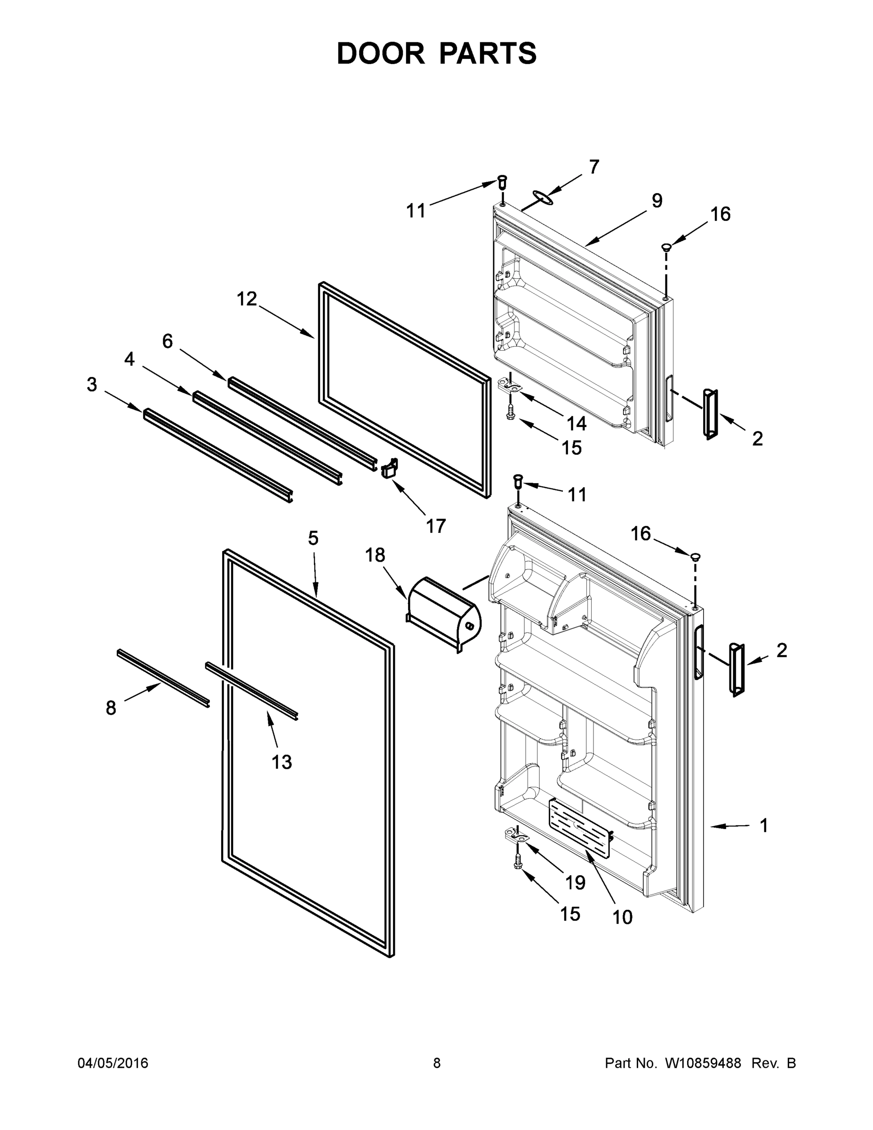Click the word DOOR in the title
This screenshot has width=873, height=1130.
tap(380, 53)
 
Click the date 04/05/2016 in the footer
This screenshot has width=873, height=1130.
tap(113, 1063)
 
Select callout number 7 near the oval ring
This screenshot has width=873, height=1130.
tap(594, 167)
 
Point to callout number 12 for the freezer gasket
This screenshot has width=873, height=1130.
tap(247, 299)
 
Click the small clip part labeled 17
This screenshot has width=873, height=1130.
tap(389, 468)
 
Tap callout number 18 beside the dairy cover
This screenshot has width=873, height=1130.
tap(375, 555)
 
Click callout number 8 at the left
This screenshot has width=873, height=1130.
tap(111, 708)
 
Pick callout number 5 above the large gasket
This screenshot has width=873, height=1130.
tap(313, 538)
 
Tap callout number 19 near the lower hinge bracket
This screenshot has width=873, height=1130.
tap(575, 883)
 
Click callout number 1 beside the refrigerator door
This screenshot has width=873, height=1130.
tap(764, 825)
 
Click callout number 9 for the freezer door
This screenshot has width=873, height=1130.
tap(657, 201)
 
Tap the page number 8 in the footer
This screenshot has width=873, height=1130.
tap(437, 1063)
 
